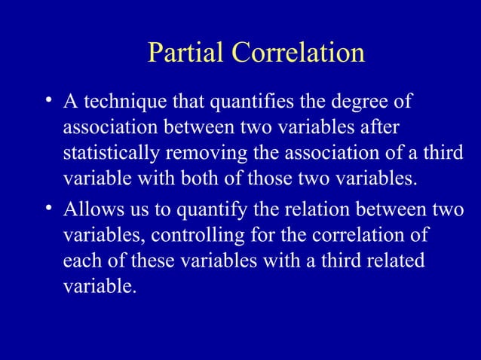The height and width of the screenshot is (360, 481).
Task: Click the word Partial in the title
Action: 187,53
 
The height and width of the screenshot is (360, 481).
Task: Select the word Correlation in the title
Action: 299,53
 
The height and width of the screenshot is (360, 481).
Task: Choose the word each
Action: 81,263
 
